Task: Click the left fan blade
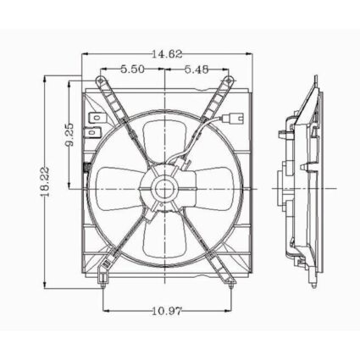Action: [119, 183]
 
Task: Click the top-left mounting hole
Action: [101, 81]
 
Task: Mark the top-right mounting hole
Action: [228, 81]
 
